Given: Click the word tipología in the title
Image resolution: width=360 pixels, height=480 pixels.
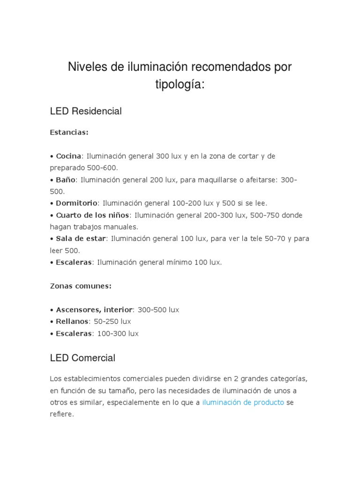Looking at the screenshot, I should (x=180, y=85).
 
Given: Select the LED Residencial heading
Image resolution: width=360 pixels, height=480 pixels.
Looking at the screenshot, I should (x=86, y=111).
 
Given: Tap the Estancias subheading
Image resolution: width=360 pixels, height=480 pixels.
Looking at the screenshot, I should (x=69, y=133).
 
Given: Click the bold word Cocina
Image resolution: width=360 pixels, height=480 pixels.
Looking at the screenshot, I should (x=68, y=156).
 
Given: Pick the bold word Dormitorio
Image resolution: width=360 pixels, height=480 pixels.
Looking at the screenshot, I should (x=76, y=203).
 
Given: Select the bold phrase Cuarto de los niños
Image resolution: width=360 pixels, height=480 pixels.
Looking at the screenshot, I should (x=94, y=215).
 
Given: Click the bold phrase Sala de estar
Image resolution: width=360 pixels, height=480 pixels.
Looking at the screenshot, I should (x=81, y=239).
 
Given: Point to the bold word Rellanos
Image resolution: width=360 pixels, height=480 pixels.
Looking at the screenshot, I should (x=72, y=322).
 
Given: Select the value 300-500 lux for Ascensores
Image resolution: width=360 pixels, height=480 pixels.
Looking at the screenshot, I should (x=158, y=310).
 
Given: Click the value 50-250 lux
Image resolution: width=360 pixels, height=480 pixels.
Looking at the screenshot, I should (x=112, y=322).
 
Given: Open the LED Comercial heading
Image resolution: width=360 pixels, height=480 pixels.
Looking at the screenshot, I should (x=82, y=358).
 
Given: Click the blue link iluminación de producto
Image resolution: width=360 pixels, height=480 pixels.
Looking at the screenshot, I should (x=243, y=403).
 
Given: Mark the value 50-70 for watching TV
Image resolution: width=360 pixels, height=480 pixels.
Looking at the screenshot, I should (x=271, y=239).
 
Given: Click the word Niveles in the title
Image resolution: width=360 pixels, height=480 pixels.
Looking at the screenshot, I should (x=88, y=67).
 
